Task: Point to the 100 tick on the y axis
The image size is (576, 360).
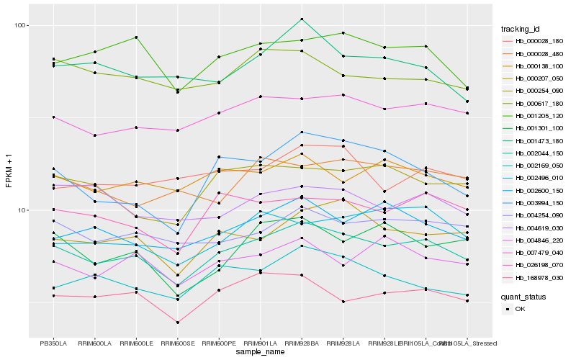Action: coord(20,25)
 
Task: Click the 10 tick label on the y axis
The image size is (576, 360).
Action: coord(22,210)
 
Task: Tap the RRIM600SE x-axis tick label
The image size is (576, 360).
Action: coord(178,343)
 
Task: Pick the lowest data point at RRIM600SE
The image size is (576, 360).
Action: coord(178,322)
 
